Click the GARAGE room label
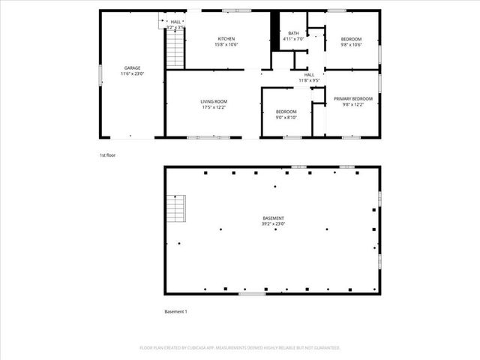(132, 68)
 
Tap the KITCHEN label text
(226, 39)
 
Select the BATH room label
(294, 34)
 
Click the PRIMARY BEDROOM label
(352, 98)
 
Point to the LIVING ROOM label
(214, 101)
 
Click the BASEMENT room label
(272, 218)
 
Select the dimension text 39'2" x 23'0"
(272, 224)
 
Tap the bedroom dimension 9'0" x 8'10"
(286, 117)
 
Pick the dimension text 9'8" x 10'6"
(352, 45)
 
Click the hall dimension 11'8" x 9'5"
(309, 80)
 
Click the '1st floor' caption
(108, 155)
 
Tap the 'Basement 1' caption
(175, 311)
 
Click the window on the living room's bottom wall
(208, 138)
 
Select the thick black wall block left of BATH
(275, 32)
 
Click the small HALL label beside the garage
(175, 22)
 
